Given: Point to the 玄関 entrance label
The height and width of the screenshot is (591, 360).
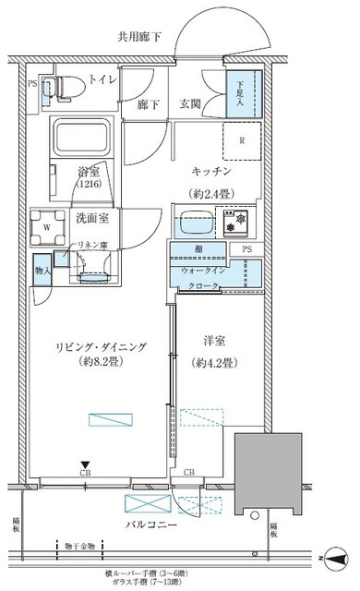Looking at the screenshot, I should tap(189, 105).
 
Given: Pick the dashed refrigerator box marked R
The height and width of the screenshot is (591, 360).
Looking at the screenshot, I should tap(241, 141).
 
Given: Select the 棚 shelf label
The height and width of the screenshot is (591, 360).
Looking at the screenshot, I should tap(199, 249).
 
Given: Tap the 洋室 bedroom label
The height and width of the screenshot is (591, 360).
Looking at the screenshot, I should tap(211, 342).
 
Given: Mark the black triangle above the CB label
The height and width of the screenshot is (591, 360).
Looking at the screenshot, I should tap(84, 465).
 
